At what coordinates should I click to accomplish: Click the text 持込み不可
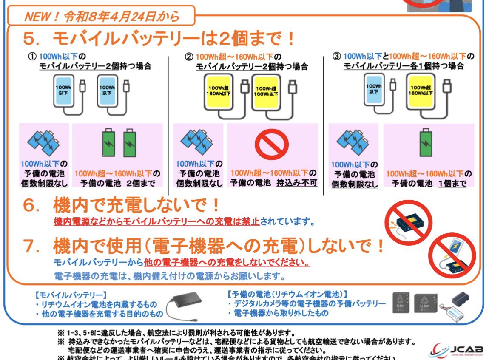point(297,184)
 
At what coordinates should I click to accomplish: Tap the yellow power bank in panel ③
point(421,90)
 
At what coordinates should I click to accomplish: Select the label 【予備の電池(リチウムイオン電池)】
point(287,294)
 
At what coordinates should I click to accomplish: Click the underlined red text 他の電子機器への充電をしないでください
point(227,262)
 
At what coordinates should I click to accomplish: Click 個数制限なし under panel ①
point(44,184)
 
